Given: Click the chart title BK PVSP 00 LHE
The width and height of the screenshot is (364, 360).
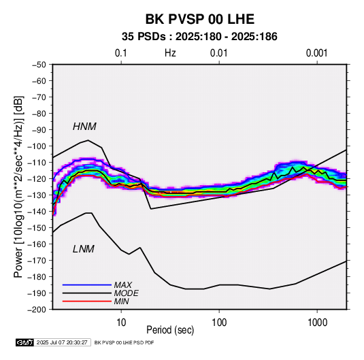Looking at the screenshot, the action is tap(200, 19).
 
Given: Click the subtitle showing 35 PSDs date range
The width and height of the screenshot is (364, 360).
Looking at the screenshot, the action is tap(199, 37).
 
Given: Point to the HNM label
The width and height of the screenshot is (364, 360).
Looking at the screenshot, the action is tap(84, 127).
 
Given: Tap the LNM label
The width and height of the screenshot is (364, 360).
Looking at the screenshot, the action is tap(84, 249).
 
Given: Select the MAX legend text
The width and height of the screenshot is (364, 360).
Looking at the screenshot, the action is tap(123, 284).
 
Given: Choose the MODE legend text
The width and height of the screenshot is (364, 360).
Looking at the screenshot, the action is tap(127, 293).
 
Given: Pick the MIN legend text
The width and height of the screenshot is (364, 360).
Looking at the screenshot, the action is tap(121, 301).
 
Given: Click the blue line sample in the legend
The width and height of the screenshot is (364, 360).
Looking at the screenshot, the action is tap(87, 284).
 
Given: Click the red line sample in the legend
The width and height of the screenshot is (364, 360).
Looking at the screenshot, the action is tap(87, 301).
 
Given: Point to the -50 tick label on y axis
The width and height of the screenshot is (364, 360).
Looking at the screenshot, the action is tap(39, 65).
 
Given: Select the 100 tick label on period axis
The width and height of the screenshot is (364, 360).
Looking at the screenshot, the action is tap(219, 323).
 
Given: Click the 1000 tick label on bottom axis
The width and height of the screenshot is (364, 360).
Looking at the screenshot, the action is tap(317, 323).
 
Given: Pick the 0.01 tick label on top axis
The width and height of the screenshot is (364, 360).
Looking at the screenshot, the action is tap(219, 53).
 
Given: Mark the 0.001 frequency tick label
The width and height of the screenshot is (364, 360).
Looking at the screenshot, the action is tap(317, 53).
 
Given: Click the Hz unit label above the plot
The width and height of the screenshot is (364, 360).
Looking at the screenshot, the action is tap(170, 53).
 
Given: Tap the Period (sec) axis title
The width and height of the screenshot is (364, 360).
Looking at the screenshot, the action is tap(170, 330).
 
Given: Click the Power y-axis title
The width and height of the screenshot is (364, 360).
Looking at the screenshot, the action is tap(18, 187).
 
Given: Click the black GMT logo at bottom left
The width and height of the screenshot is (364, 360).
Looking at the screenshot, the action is tap(25, 342).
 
